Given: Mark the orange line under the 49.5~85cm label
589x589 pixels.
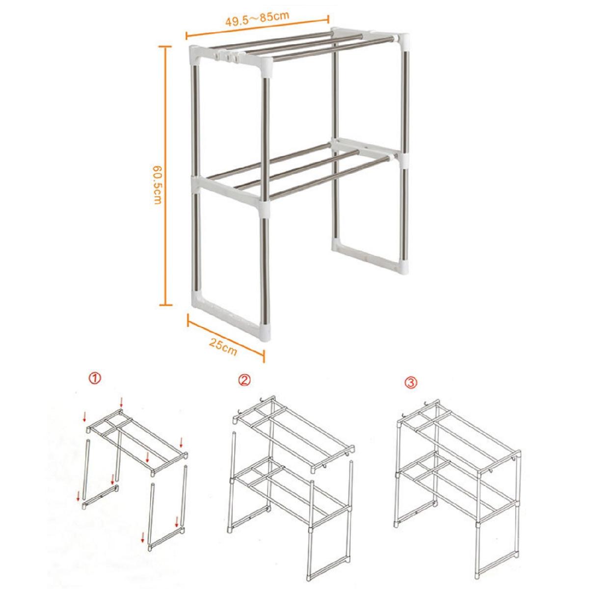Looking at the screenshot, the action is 257,27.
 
